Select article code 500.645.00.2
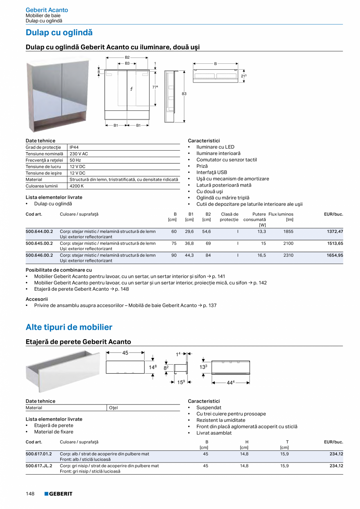[x=39, y=243]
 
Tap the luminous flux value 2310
[x=288, y=255]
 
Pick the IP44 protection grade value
[x=74, y=147]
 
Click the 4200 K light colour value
[x=76, y=186]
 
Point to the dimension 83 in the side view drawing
[x=184, y=94]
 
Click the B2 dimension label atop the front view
[x=127, y=58]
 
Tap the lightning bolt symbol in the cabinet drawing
[x=131, y=89]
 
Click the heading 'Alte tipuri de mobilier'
[x=69, y=327]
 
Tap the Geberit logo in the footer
[x=58, y=494]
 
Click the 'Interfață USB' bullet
[x=211, y=172]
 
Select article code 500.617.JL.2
[x=39, y=466]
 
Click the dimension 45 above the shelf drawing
[x=125, y=353]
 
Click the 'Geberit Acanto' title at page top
[x=47, y=10]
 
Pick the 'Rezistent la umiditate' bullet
[x=221, y=420]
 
